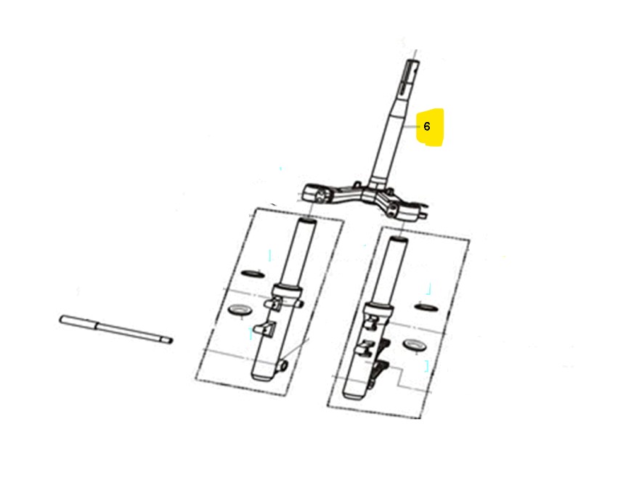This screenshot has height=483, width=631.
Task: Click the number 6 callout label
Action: (427, 126)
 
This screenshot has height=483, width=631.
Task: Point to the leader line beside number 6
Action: (412, 126)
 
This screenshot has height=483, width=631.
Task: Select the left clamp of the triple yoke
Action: (317, 195)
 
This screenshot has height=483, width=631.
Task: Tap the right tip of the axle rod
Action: (169, 341)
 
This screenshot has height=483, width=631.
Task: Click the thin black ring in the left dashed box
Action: (253, 274)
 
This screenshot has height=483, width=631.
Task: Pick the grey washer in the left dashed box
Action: (240, 310)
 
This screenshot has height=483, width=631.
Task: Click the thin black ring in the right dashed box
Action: (426, 307)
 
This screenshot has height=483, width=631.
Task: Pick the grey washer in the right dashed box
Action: (415, 344)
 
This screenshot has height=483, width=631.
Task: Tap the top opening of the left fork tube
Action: (306, 222)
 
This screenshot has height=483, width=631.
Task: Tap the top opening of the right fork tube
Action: (398, 240)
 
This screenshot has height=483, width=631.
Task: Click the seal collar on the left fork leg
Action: (288, 291)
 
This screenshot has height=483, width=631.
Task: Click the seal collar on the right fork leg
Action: (378, 309)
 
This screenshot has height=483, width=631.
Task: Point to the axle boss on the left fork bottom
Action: (283, 365)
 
